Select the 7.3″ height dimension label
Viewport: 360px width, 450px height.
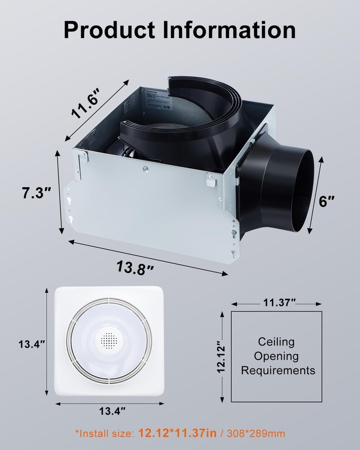pos(37,193)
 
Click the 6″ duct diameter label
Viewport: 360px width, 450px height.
pos(327,201)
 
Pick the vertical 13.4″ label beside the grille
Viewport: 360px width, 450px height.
pos(32,344)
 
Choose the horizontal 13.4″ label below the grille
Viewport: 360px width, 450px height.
pos(112,411)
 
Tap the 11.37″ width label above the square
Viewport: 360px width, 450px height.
pos(280,303)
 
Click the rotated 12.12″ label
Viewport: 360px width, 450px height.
pos(222,356)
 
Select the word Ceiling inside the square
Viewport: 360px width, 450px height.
pos(276,342)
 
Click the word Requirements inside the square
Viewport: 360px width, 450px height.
pos(278,370)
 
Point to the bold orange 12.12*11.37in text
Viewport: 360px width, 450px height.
pos(177,433)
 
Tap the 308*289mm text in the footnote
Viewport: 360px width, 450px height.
pos(256,434)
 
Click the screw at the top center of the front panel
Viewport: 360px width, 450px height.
pos(145,168)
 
